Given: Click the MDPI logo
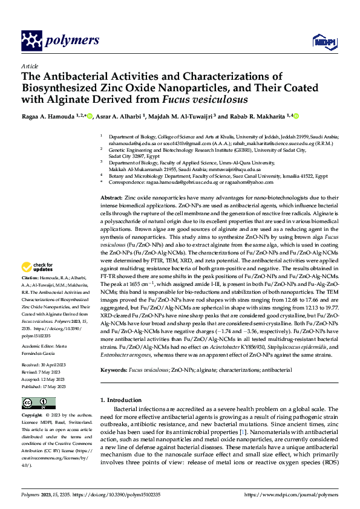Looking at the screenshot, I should coord(321,41).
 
